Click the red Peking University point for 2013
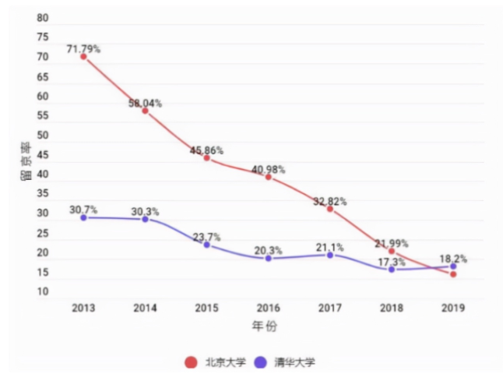coord(83,57)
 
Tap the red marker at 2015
coord(206,157)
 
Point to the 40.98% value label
coord(269,169)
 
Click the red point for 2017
coord(330,209)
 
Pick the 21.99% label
coord(392,243)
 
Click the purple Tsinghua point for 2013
coord(83,217)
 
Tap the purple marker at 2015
coord(206,245)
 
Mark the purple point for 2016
coord(269,258)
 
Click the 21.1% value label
coord(330,247)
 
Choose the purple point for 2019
coord(453,266)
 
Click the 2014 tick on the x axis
coord(145,308)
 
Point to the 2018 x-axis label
coord(392,308)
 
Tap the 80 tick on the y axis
coord(42,18)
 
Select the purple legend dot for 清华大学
coord(262,362)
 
